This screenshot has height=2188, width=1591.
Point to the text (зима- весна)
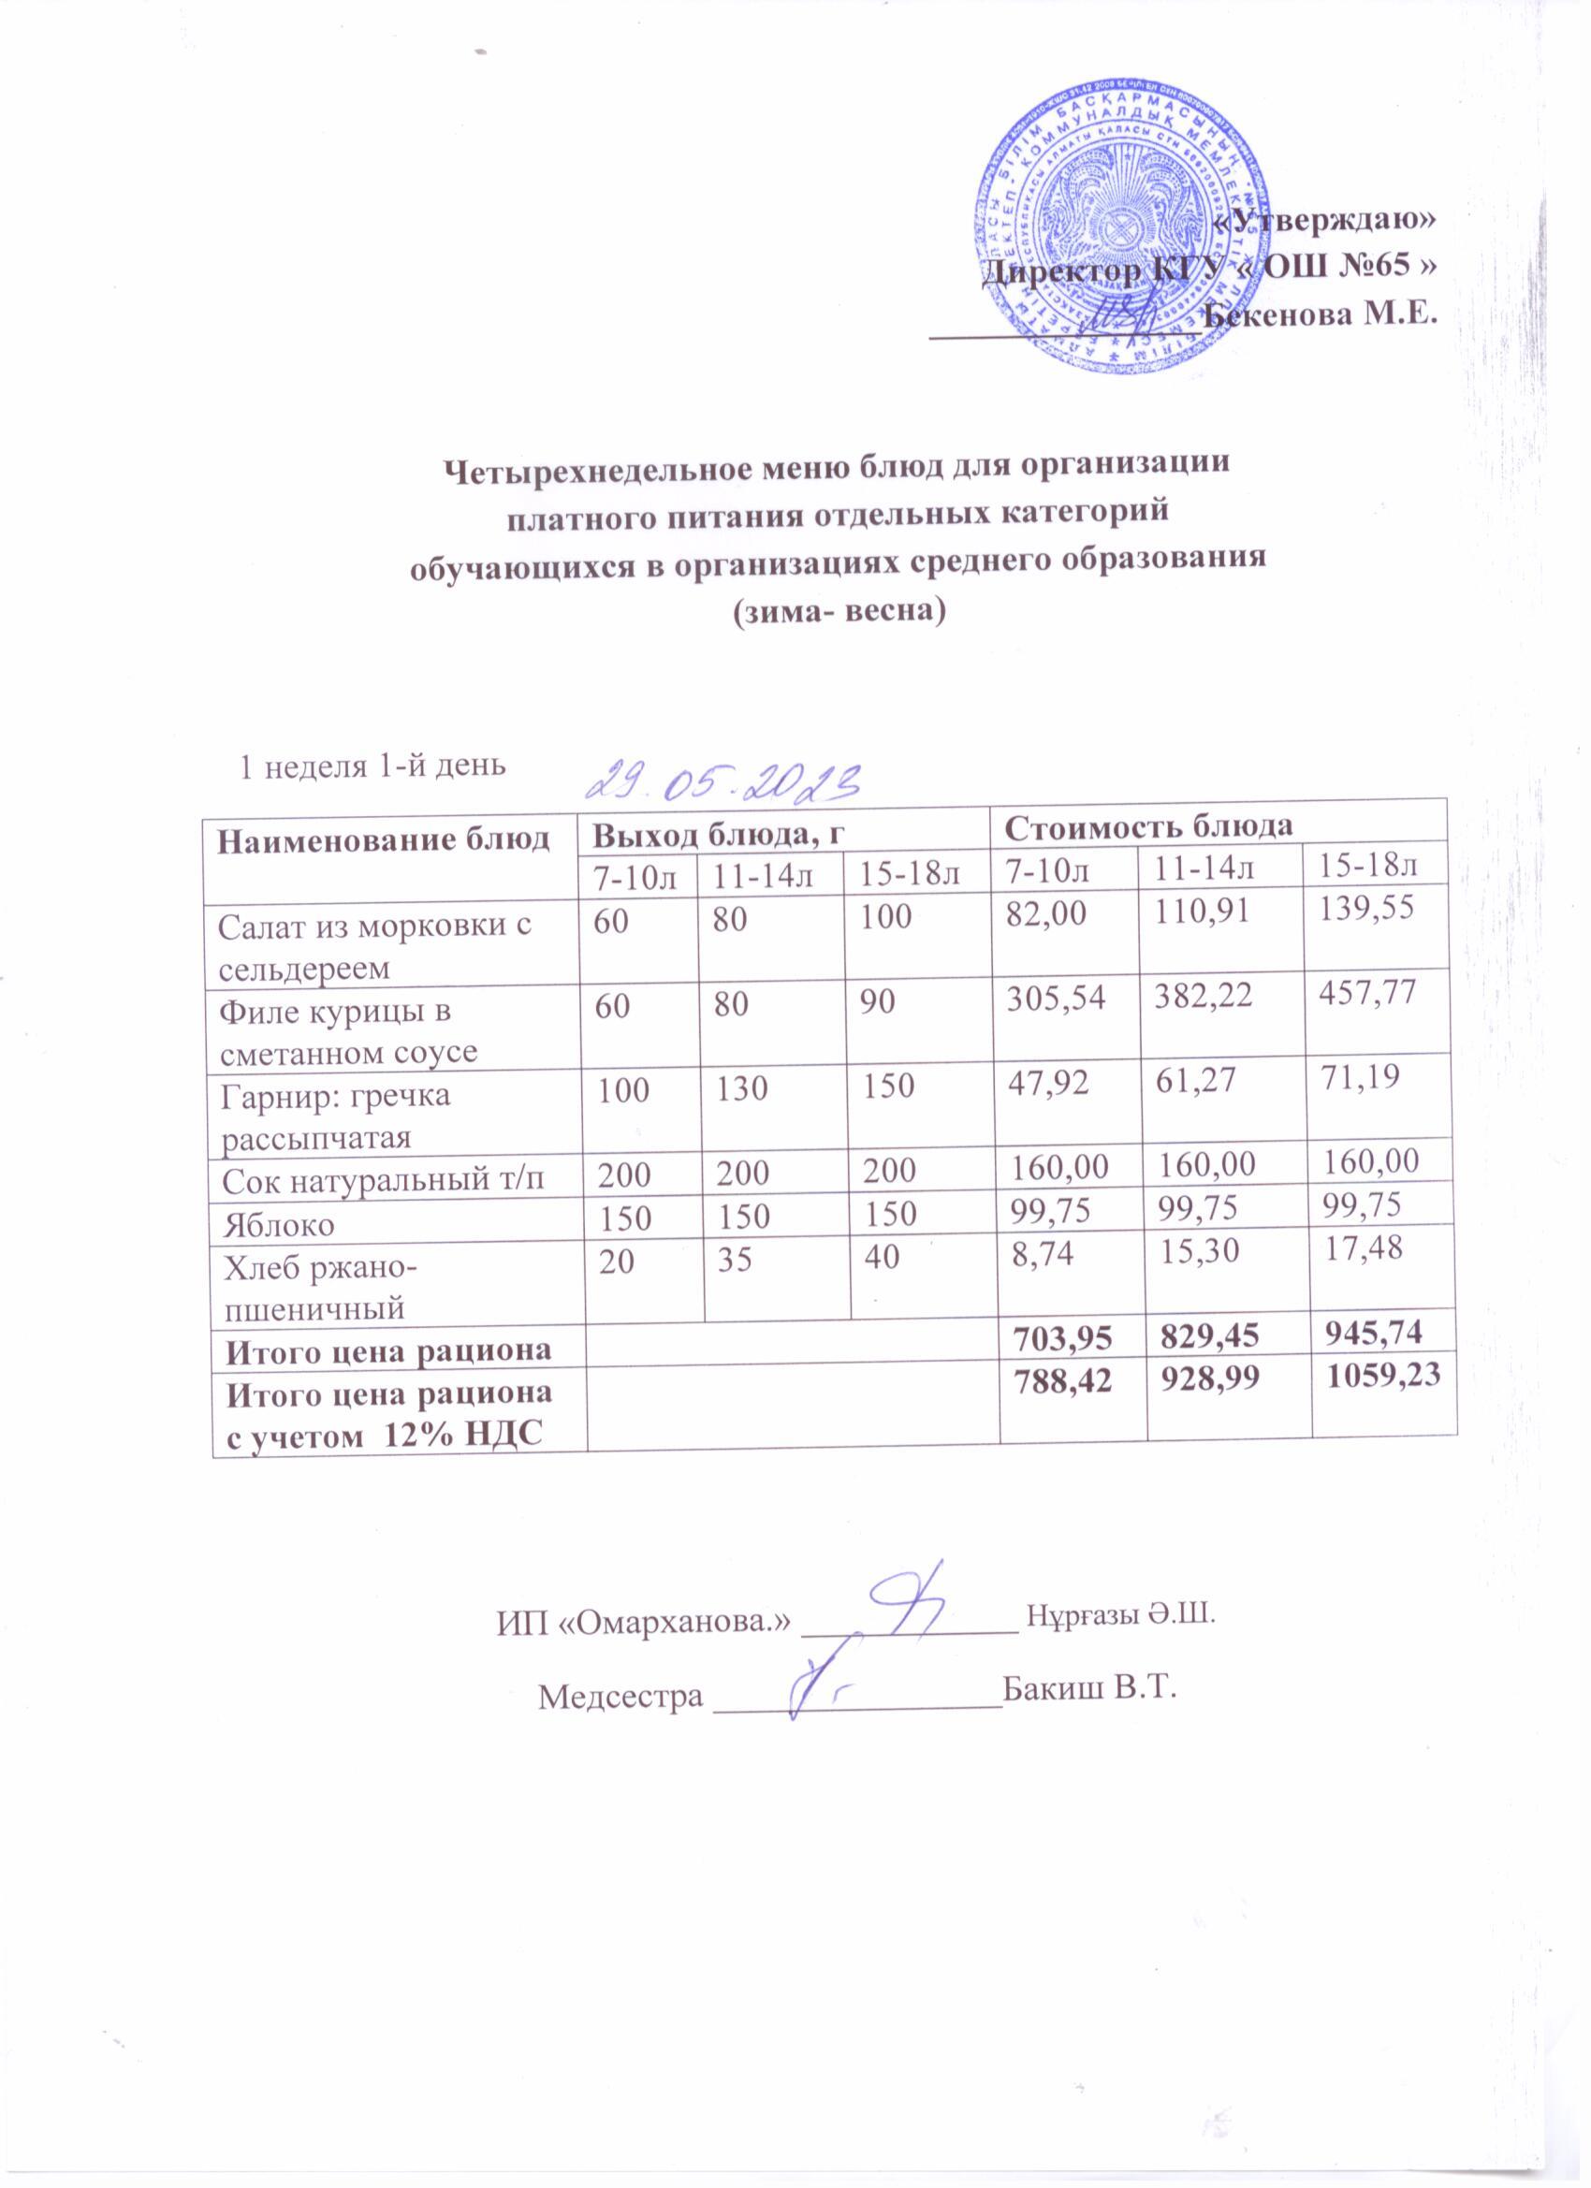837,611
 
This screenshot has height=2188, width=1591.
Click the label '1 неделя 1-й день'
372,766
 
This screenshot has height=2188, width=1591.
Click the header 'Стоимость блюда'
1148,826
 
